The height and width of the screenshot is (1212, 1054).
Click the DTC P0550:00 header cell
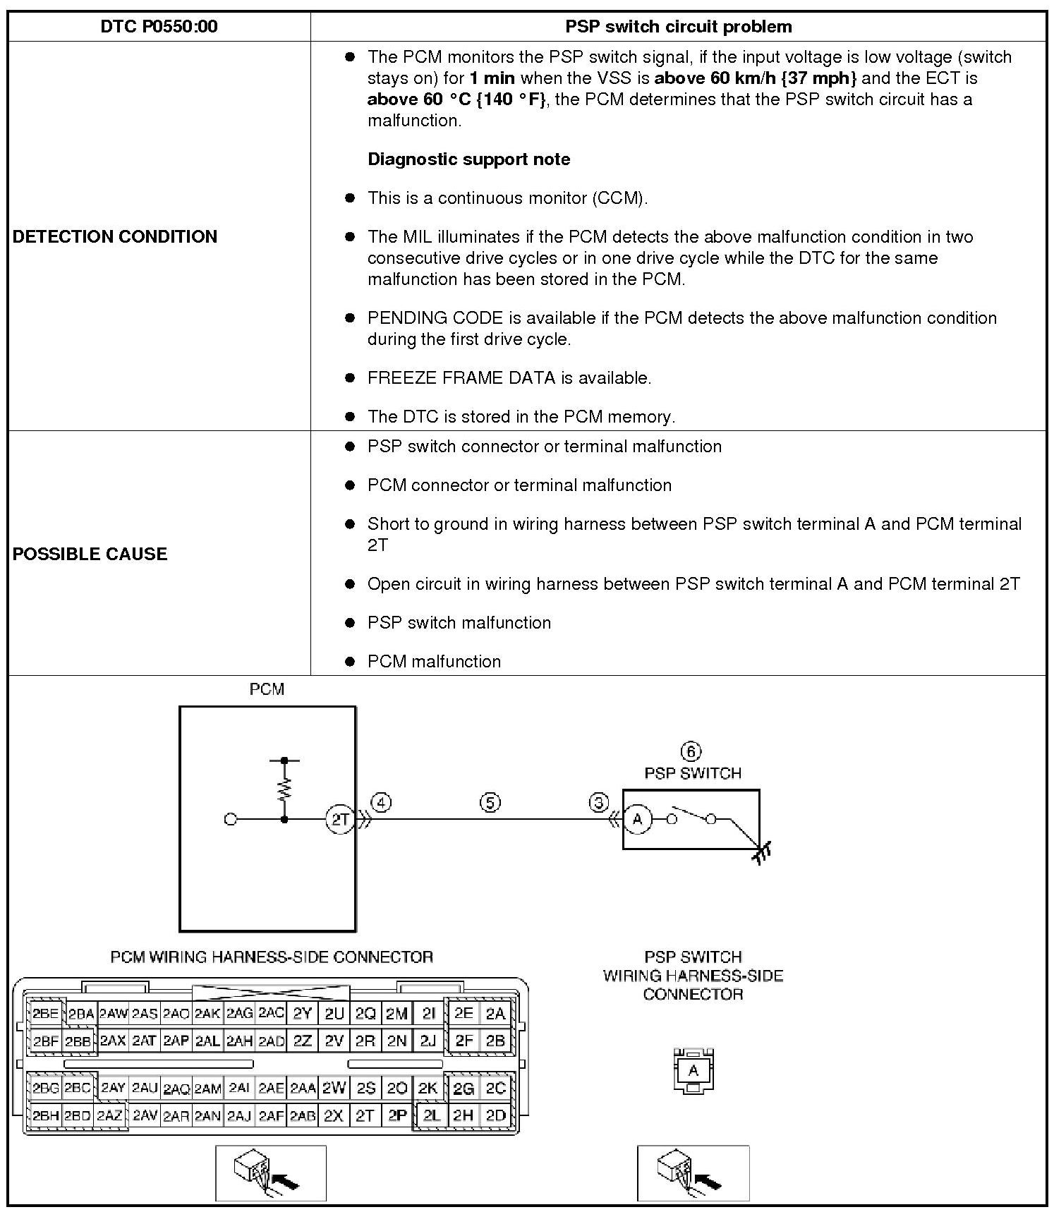[159, 27]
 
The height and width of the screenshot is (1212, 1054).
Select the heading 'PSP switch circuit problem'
[678, 27]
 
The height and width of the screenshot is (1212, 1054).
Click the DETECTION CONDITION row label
[115, 236]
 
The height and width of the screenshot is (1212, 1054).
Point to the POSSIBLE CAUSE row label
[90, 554]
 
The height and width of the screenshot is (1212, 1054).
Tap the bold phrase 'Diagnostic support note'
[468, 159]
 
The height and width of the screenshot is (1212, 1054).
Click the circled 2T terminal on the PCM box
[341, 820]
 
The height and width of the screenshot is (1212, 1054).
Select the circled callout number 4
[381, 802]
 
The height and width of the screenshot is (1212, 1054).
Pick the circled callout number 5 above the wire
[490, 802]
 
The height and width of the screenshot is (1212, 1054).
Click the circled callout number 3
[599, 802]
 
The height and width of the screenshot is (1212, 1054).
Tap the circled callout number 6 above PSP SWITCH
[691, 751]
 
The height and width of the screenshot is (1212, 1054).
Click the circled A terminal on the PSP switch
[638, 820]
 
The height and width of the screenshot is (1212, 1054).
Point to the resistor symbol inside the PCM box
[284, 788]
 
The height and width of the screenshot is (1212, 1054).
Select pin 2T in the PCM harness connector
[365, 1115]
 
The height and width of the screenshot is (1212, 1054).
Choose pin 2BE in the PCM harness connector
[46, 1014]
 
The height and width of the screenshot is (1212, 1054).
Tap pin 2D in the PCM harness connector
[496, 1115]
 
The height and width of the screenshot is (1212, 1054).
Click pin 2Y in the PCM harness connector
[302, 1014]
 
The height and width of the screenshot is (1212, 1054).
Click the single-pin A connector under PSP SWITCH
[693, 1071]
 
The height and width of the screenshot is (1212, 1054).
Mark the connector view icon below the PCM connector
[270, 1173]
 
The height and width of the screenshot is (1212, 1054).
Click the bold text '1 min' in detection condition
[492, 78]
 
